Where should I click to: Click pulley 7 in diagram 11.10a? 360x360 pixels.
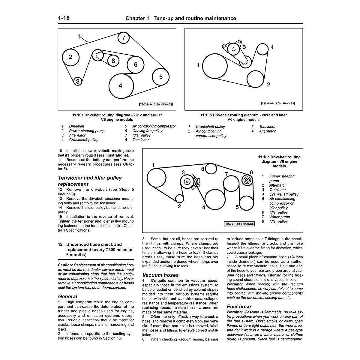(123, 38)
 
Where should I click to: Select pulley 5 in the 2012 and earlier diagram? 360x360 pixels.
(160, 77)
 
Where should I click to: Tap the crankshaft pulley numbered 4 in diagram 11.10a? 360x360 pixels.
(121, 85)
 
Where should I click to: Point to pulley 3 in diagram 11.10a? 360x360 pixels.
(78, 81)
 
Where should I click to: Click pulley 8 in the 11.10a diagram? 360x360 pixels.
(113, 61)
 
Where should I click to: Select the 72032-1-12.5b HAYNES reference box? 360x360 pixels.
(156, 104)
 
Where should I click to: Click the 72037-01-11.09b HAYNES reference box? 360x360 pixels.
(278, 103)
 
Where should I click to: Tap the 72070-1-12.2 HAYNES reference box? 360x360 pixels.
(239, 224)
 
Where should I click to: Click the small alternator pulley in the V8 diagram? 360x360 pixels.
(179, 198)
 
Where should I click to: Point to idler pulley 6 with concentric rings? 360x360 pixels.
(247, 181)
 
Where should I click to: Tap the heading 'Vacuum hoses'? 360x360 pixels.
(160, 275)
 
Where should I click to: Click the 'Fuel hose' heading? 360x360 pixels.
(238, 306)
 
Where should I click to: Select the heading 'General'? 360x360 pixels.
(67, 296)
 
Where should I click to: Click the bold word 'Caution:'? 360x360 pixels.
(65, 265)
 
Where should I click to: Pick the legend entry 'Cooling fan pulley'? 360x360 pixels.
(147, 131)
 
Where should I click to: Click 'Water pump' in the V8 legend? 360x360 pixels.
(279, 217)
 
